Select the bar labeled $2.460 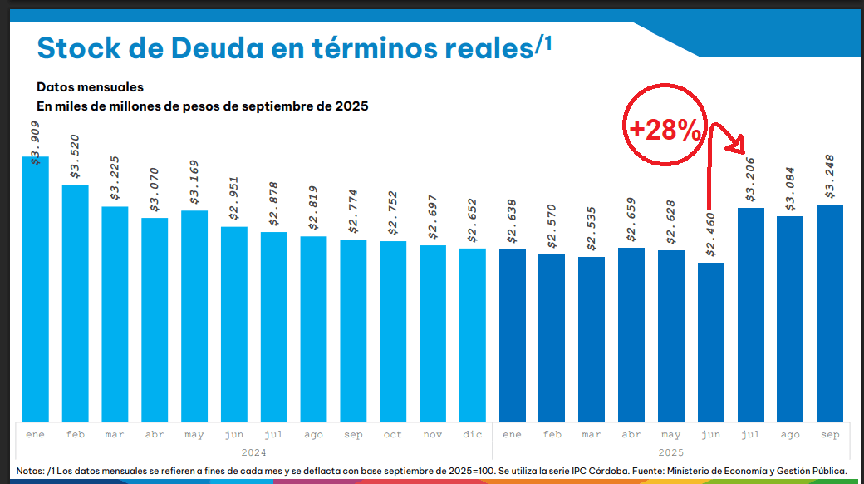tap(711, 342)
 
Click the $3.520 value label tap(75, 157)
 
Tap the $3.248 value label tap(830, 176)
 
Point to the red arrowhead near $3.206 tap(735, 148)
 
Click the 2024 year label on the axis tap(253, 452)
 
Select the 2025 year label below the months tap(671, 452)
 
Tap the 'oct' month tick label tap(393, 434)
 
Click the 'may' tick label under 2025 tap(671, 434)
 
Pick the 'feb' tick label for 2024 tap(75, 434)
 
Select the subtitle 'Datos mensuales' tap(90, 87)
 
